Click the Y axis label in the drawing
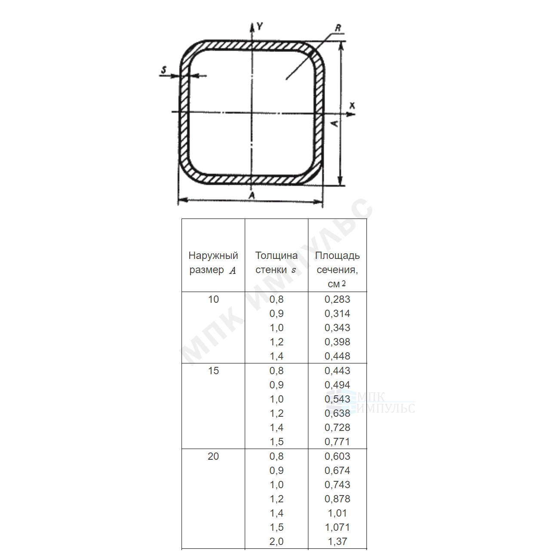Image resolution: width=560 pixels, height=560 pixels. click(259, 27)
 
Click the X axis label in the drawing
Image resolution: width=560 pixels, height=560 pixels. click(352, 105)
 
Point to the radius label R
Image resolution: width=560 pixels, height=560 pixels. click(338, 28)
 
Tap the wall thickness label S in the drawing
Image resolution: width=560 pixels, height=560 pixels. click(164, 70)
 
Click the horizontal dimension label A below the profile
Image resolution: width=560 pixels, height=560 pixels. click(252, 195)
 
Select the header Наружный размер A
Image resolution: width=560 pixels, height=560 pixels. click(213, 263)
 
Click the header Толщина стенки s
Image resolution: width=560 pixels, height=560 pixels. click(276, 263)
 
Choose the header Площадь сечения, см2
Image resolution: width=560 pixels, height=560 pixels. click(337, 270)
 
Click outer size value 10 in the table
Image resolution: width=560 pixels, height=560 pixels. click(213, 299)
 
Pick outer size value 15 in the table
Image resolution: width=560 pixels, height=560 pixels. click(213, 371)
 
